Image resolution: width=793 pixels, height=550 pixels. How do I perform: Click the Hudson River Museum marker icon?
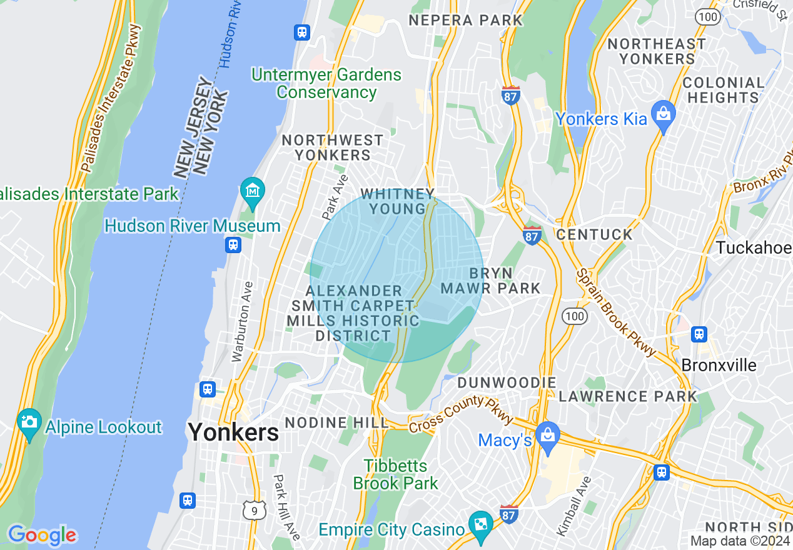click(x=253, y=189)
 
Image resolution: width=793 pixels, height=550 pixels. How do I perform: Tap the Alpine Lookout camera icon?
click(x=29, y=421)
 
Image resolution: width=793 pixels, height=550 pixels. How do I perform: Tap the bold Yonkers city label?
click(x=233, y=432)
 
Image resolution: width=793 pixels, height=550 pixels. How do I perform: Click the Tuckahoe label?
click(x=754, y=247)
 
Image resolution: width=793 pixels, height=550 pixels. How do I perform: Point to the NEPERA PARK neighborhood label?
click(x=466, y=20)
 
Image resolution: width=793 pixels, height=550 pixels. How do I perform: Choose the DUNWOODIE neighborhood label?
click(x=507, y=382)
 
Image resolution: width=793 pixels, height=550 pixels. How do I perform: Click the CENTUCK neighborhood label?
click(x=595, y=234)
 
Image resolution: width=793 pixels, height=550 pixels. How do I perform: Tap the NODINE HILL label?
click(x=337, y=423)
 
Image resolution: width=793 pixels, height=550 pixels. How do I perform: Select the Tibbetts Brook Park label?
click(x=396, y=474)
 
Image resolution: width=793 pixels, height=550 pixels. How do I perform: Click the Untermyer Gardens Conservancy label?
click(x=326, y=84)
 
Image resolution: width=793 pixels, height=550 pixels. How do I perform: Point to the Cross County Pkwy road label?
click(x=461, y=413)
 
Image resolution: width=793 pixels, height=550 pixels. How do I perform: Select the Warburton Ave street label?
click(x=243, y=322)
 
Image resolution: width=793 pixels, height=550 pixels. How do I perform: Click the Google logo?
click(x=42, y=536)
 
